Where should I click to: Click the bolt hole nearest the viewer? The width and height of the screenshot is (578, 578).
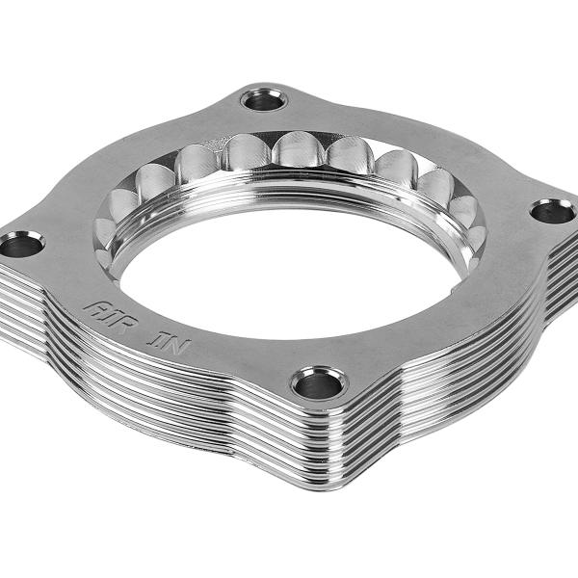point(319,384)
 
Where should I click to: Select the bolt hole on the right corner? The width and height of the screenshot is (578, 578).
point(552,211)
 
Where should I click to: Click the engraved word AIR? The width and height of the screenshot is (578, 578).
point(103,310)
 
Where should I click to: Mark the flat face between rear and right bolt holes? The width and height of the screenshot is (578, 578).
point(424,144)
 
